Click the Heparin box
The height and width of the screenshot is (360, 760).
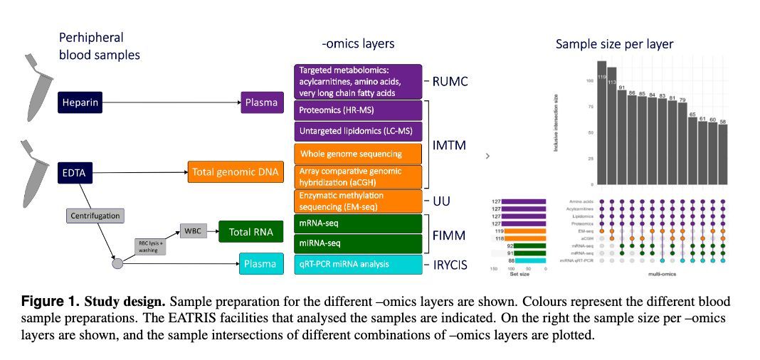click(x=80, y=103)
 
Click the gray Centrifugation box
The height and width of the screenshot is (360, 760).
click(x=95, y=215)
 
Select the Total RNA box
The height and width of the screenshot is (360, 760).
click(x=246, y=231)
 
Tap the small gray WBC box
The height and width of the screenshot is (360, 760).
click(x=193, y=231)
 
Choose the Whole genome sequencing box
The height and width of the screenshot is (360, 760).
click(x=359, y=154)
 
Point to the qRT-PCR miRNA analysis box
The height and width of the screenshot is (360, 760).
click(x=359, y=264)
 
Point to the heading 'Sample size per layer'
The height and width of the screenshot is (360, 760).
click(x=614, y=44)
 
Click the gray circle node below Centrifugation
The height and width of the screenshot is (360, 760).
click(x=117, y=264)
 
